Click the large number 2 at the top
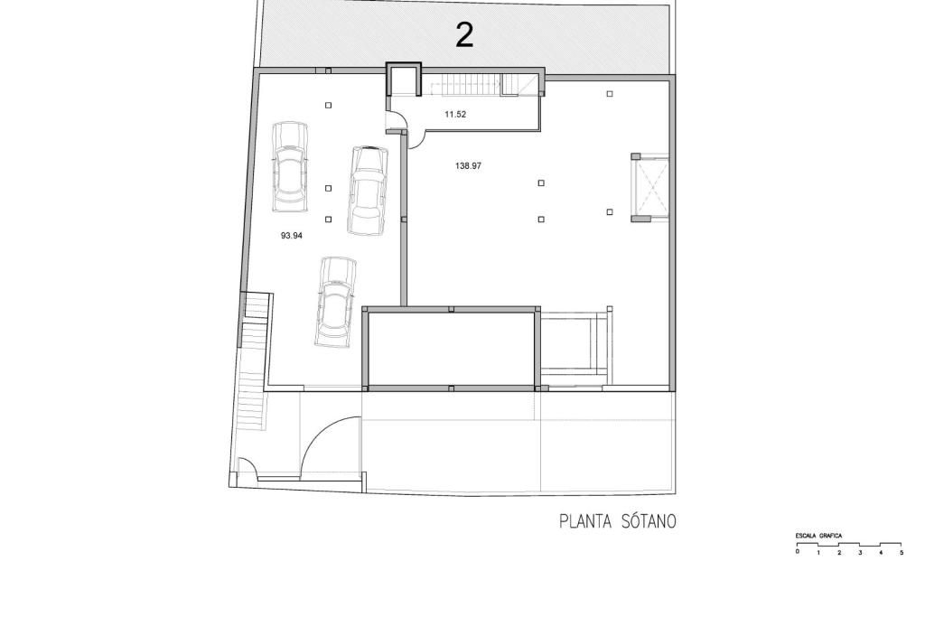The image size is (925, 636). [465, 35]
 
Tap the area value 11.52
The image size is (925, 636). [455, 115]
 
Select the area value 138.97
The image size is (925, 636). [469, 166]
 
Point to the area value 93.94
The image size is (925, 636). [292, 235]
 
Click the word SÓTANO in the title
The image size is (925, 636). [649, 520]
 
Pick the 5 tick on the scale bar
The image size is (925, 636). [902, 553]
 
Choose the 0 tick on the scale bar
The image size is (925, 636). [797, 552]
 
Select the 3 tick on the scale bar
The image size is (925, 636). [860, 553]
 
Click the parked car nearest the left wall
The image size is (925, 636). [290, 167]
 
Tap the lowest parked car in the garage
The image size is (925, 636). [336, 302]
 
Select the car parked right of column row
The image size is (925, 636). [369, 190]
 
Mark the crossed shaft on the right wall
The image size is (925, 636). [650, 188]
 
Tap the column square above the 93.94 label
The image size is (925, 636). [329, 220]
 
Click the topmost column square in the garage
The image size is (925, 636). [329, 105]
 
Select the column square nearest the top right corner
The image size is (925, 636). [610, 93]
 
